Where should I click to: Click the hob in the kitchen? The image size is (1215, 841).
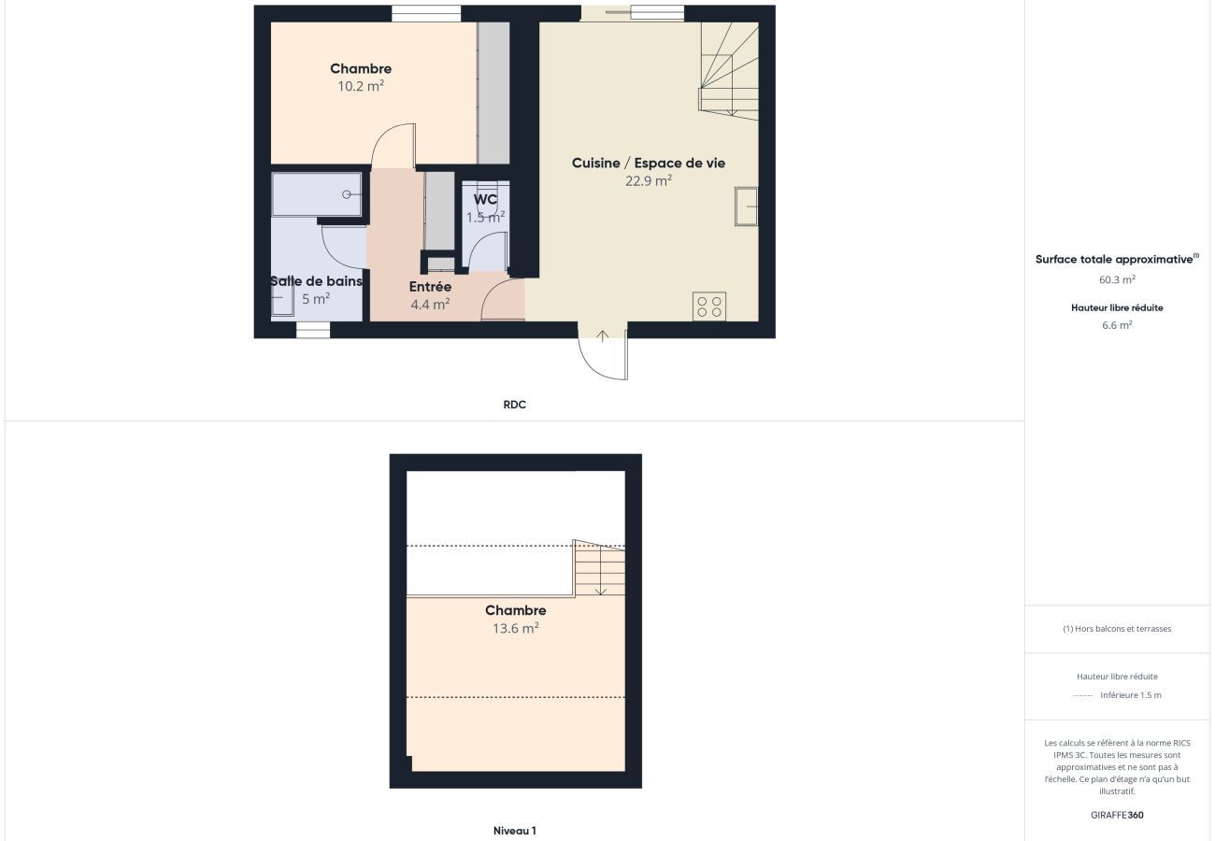coord(709,306)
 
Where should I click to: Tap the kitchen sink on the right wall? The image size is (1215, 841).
coord(747,207)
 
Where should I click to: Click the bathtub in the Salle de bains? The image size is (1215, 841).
coord(317,194)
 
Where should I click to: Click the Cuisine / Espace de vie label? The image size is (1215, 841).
coord(649,164)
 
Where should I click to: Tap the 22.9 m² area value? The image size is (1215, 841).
coord(649,180)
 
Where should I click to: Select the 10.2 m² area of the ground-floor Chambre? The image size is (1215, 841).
coord(361,86)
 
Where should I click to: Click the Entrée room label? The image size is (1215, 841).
coord(430,287)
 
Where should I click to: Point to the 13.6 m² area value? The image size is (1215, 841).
coord(515,628)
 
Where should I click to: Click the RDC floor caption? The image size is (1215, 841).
coord(514,405)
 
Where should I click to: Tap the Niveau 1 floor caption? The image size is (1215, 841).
coord(514,830)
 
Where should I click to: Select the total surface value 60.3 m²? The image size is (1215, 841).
coord(1117,279)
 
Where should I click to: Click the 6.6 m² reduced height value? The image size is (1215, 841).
coord(1117,325)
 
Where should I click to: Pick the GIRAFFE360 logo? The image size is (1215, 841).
coord(1117,815)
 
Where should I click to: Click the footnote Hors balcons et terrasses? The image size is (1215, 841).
coord(1117,629)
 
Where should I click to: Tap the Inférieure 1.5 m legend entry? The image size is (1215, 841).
coord(1131,695)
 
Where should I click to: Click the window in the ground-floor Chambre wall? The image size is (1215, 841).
coord(426,14)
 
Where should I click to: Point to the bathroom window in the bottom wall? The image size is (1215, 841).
coord(313,330)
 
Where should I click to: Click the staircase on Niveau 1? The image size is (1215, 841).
coord(599,568)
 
